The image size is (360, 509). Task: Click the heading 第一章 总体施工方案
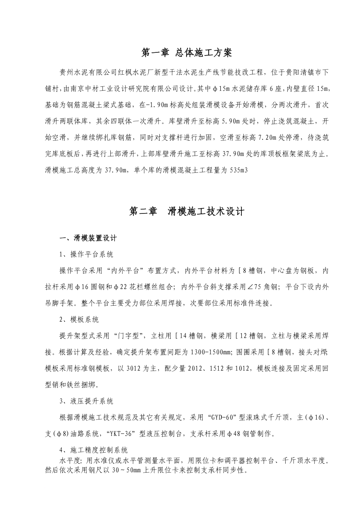pyautogui.click(x=186, y=53)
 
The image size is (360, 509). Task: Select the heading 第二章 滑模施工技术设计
pyautogui.click(x=187, y=211)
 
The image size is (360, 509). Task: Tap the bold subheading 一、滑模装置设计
pyautogui.click(x=87, y=238)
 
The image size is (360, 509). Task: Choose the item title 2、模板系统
pyautogui.click(x=79, y=320)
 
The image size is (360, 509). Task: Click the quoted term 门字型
pyautogui.click(x=126, y=336)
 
